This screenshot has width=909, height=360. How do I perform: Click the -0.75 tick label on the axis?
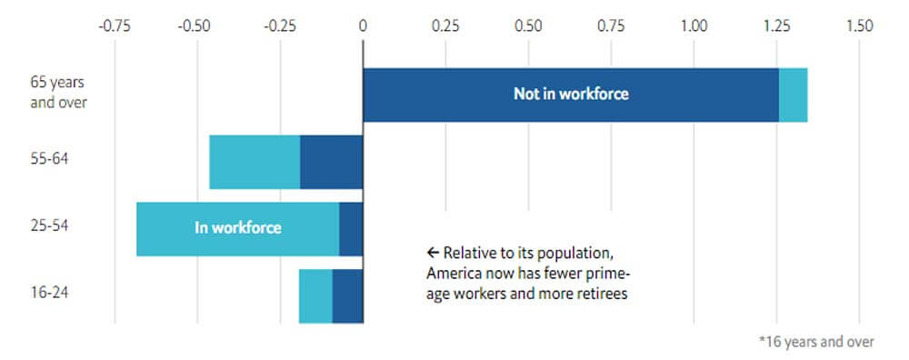click(x=114, y=26)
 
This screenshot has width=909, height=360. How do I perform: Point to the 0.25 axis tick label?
click(x=445, y=26)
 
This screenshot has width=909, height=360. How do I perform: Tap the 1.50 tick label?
click(x=859, y=26)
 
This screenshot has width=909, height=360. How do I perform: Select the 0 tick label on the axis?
click(x=363, y=26)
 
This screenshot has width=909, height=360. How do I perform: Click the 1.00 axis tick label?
click(x=694, y=26)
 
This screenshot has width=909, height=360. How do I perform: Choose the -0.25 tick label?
click(x=279, y=26)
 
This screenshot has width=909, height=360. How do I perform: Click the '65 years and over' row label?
click(x=58, y=93)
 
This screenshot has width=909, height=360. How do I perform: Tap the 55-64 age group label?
click(x=49, y=158)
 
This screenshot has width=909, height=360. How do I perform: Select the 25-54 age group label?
click(x=49, y=225)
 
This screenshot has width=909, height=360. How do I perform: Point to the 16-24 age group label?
click(x=49, y=292)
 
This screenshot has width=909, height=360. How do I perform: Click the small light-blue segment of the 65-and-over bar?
click(x=793, y=95)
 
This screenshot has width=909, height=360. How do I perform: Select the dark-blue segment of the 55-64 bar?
click(x=332, y=163)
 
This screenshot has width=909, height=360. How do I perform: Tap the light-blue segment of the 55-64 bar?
click(x=255, y=163)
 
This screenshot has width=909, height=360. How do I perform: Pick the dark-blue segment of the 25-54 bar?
click(x=351, y=229)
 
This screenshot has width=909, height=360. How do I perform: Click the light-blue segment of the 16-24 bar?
click(x=316, y=295)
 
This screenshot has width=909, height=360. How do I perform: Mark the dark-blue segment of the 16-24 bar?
click(x=348, y=295)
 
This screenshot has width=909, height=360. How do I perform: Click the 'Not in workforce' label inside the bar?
click(x=571, y=95)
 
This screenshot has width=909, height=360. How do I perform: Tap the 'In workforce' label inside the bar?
click(x=238, y=228)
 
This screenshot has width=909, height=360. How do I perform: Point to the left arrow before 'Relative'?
click(x=433, y=253)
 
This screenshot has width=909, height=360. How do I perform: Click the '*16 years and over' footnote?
click(x=816, y=342)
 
